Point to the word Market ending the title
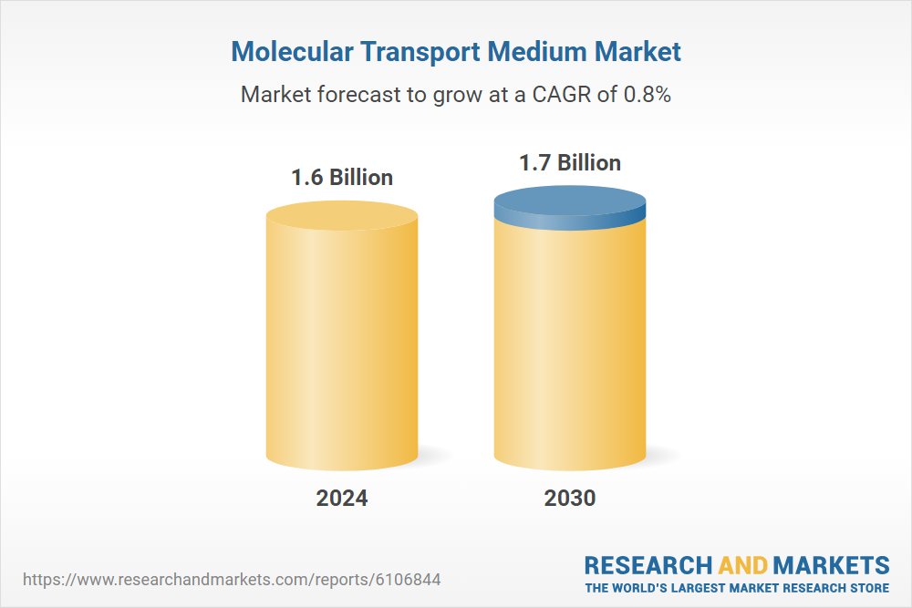pos(639,51)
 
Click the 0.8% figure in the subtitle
pos(648,94)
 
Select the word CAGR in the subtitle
pos(561,94)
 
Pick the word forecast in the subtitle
pos(357,94)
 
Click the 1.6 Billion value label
pos(342,177)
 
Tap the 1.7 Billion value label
pos(570,163)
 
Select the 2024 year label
pos(342,499)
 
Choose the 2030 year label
pos(570,499)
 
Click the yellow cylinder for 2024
pos(342,346)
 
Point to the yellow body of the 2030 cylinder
pos(570,346)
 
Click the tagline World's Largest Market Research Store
pos(737,587)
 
